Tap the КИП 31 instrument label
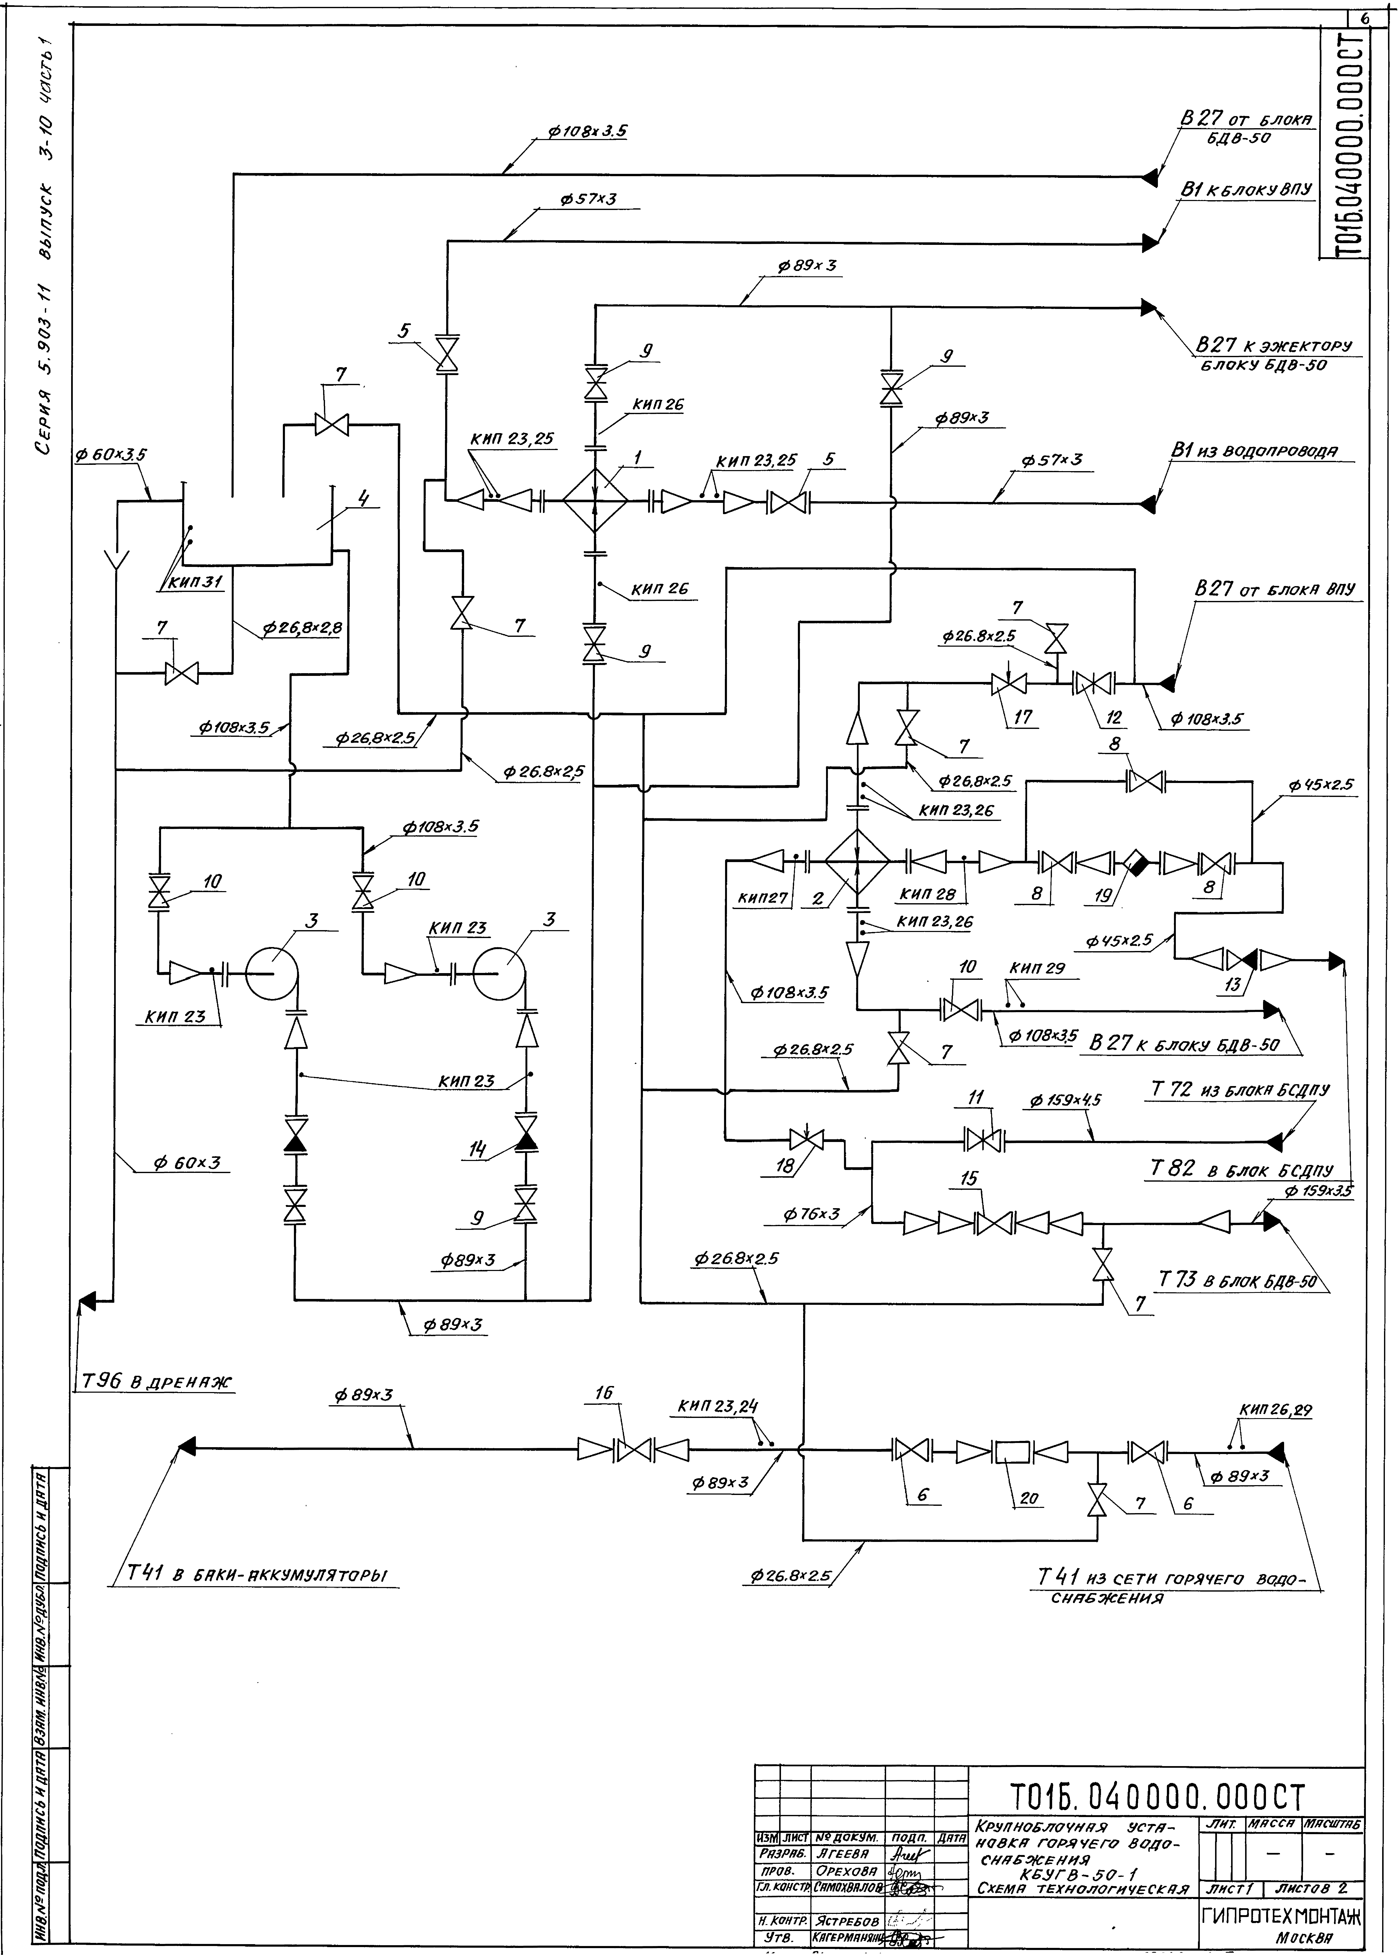pos(195,582)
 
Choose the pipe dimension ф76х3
pos(811,1214)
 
